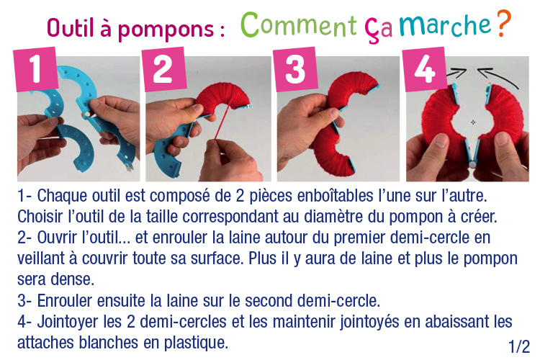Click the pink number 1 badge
[x=36, y=69]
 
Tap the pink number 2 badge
[x=164, y=69]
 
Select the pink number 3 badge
[x=295, y=69]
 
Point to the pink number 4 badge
[x=425, y=69]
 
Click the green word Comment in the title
[x=298, y=24]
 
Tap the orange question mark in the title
[x=504, y=24]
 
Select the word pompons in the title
[x=166, y=30]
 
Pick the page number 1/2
[x=519, y=346]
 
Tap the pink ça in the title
[x=379, y=30]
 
